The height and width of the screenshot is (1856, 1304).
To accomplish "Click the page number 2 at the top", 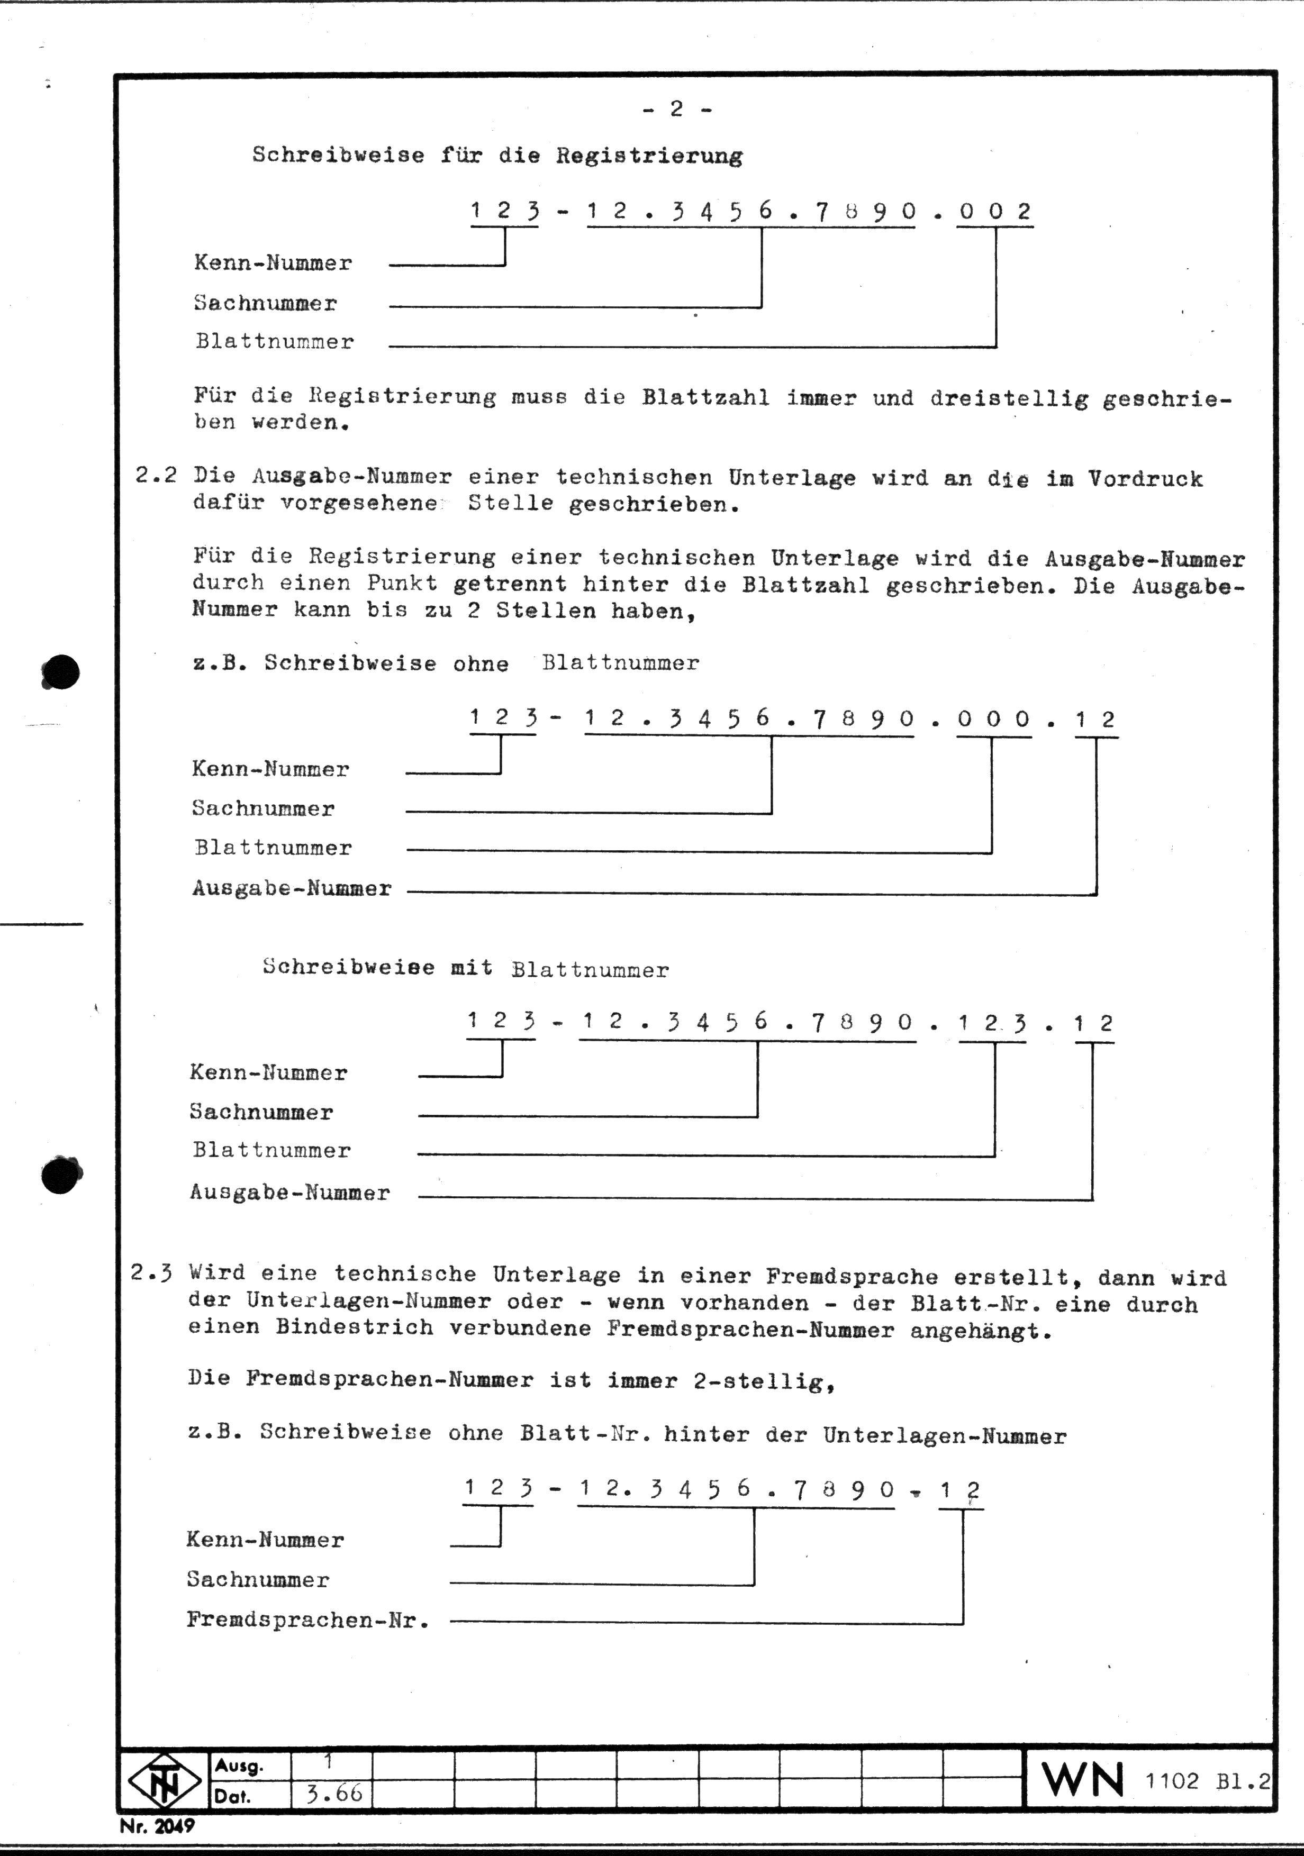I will coord(677,109).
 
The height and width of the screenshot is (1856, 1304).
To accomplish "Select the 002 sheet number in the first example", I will coord(995,212).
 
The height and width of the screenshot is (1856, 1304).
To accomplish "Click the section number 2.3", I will coord(152,1273).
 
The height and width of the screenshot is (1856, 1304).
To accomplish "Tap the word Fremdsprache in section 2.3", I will coord(852,1277).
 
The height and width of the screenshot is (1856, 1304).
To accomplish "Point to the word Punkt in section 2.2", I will coord(402,583).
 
